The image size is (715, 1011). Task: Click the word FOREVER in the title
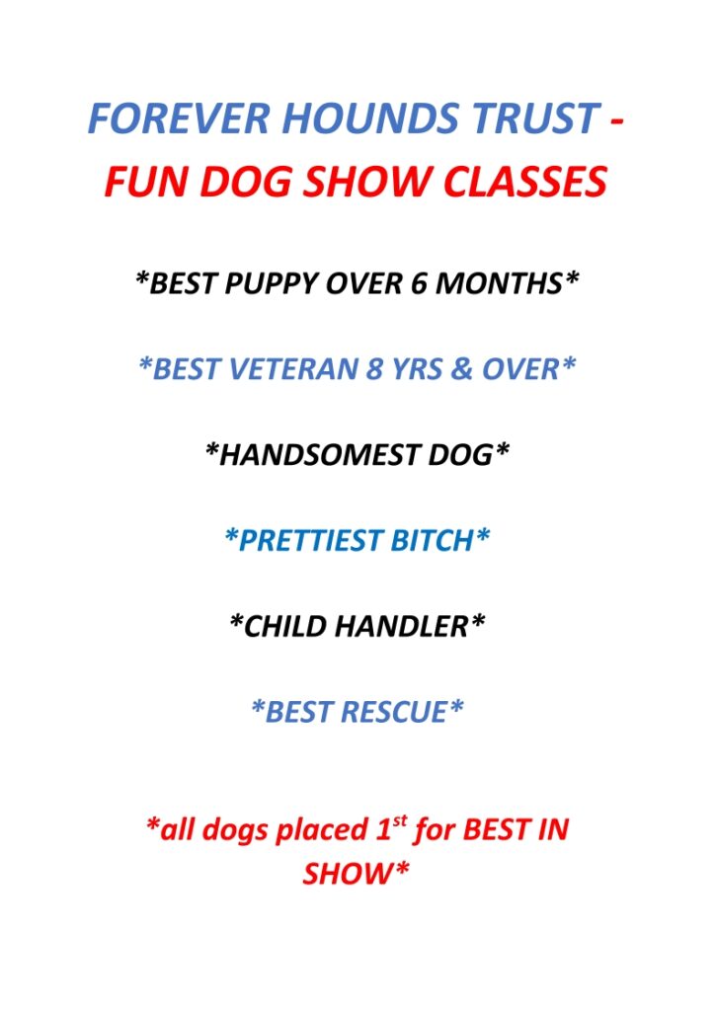[178, 118]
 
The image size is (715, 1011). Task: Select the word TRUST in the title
[535, 118]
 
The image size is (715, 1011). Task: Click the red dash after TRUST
[616, 120]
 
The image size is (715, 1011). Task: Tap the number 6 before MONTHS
[419, 283]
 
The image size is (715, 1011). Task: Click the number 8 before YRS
[374, 369]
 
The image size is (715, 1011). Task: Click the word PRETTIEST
[311, 541]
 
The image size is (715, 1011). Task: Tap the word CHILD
[283, 627]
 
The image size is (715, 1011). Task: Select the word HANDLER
[402, 627]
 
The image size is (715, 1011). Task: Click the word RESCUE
[393, 713]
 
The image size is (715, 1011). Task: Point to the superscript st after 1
[400, 822]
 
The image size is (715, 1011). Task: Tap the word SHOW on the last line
[348, 875]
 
